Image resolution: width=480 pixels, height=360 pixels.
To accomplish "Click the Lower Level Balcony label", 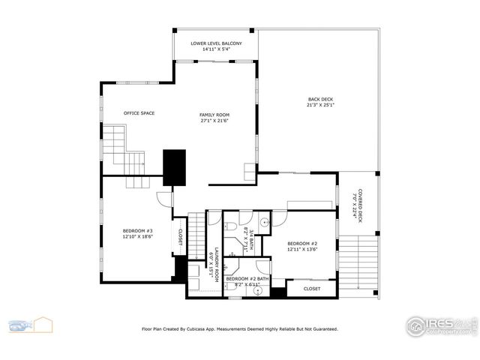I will tap(216, 43).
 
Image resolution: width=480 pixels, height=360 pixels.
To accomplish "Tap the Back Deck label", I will tap(320, 100).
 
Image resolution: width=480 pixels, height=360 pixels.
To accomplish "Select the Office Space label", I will tap(139, 113).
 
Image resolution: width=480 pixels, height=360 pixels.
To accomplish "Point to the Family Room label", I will tap(214, 115).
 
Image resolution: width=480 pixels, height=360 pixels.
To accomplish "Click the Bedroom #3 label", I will tap(138, 230).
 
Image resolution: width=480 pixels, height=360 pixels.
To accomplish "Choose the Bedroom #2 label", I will tap(303, 244).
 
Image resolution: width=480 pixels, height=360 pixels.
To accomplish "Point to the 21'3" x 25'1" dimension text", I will tap(320, 106).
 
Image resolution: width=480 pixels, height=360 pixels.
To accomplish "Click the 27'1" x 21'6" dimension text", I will tap(214, 121).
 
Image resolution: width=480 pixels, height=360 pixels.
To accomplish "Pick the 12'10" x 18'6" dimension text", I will tap(138, 236).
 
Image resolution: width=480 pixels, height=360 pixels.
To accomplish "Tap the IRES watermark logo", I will tap(441, 325).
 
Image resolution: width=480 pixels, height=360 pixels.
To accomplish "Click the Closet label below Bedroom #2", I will tap(312, 288).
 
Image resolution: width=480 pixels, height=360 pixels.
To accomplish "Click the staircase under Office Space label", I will tap(123, 150).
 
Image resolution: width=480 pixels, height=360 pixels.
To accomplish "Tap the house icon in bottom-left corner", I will tap(43, 325).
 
